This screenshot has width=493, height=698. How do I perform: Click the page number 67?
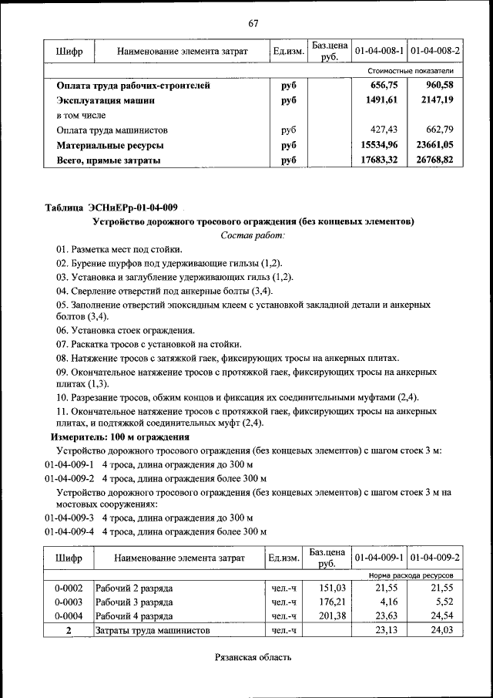pos(253,22)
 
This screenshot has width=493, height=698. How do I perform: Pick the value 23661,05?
pos(435,144)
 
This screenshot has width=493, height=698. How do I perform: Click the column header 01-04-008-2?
pos(435,51)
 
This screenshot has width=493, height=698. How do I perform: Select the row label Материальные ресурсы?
pos(110,144)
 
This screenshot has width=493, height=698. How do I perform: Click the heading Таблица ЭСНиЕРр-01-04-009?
pos(112,207)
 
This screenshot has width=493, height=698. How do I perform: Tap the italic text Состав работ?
pos(253,234)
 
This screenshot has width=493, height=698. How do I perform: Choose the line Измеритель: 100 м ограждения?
pos(115,437)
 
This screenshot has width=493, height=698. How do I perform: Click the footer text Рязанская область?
pos(253,657)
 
